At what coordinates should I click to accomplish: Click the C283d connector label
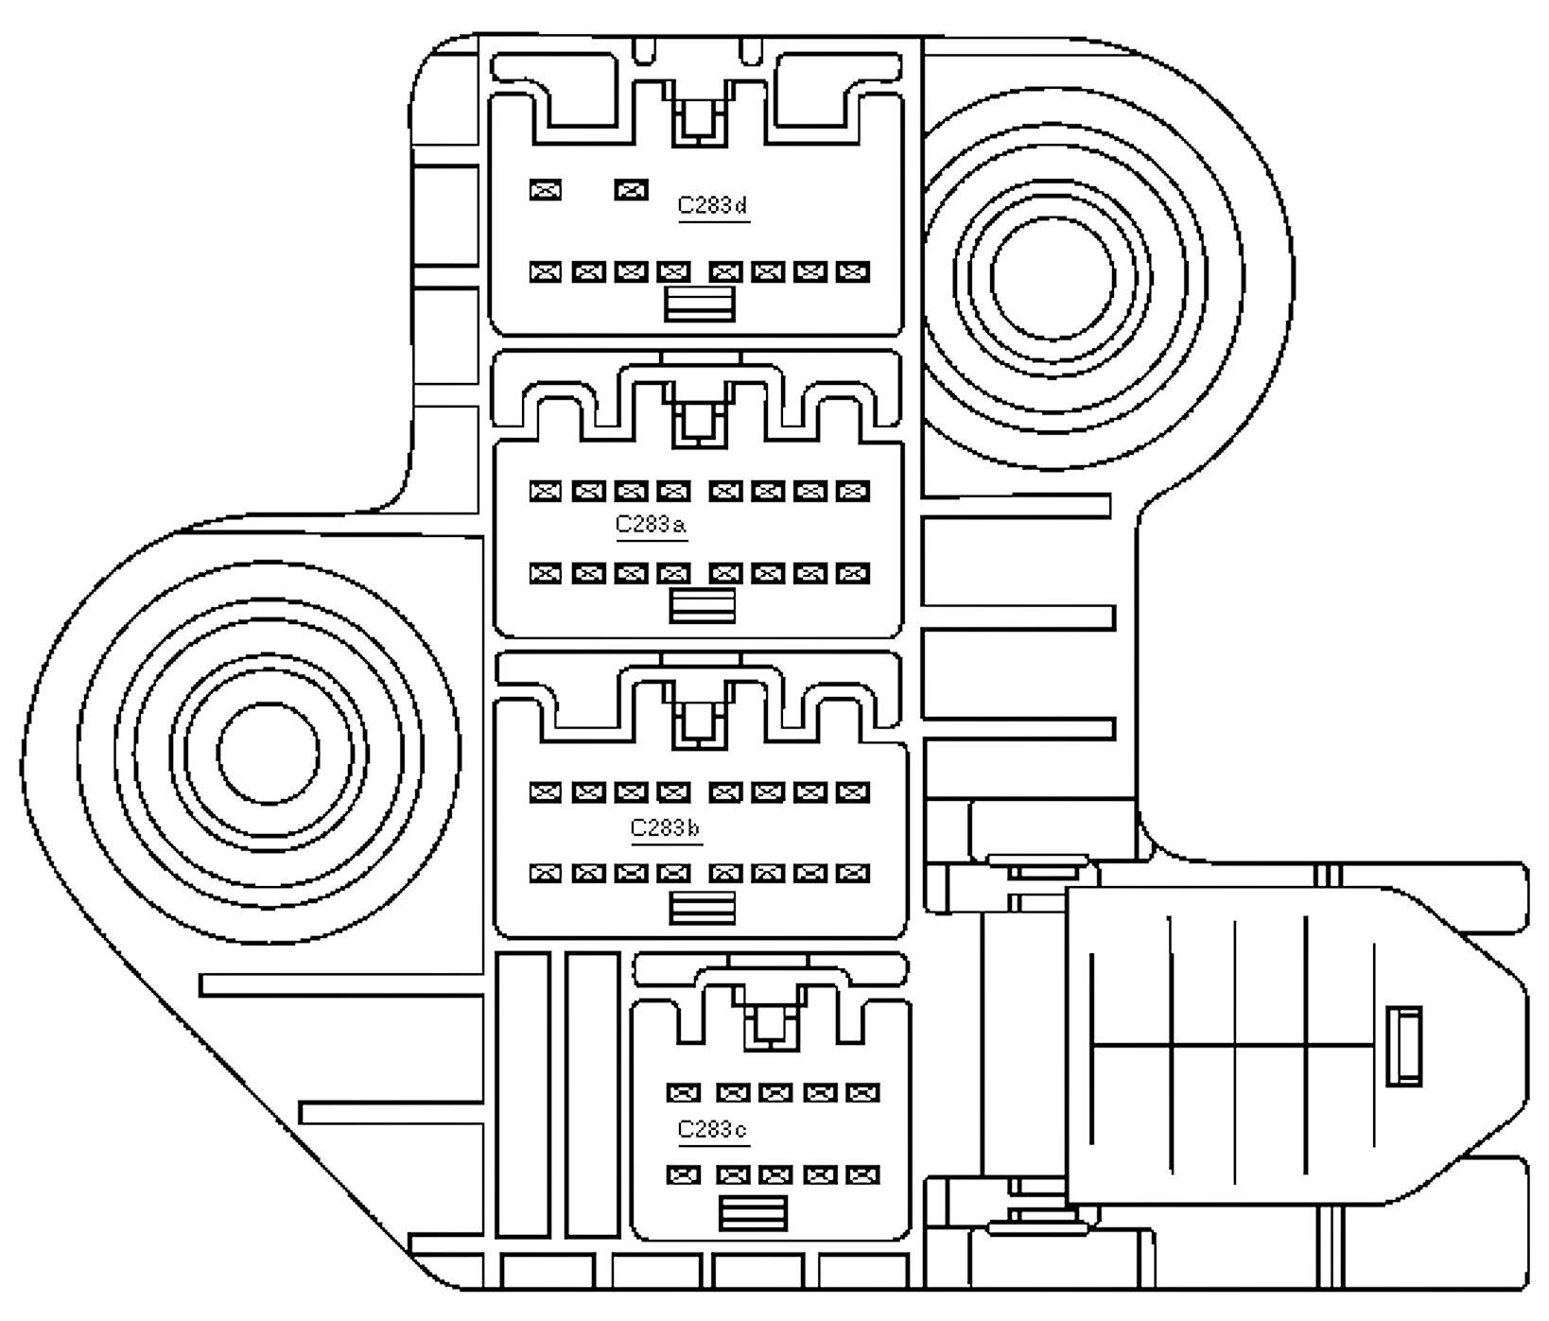pos(713,205)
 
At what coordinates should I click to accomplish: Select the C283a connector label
pos(651,524)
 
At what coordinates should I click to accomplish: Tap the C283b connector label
pos(666,828)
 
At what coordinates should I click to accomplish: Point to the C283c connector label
pos(713,1129)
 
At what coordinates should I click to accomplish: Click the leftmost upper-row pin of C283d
pos(546,190)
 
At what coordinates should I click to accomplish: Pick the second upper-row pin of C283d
pos(631,190)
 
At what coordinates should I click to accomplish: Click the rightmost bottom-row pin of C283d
pos(853,272)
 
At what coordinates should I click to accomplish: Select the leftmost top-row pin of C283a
pos(546,491)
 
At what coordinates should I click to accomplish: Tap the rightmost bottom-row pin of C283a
pos(853,573)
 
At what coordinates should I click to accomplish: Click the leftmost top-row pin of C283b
pos(546,791)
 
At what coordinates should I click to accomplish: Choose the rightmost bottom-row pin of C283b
pos(853,873)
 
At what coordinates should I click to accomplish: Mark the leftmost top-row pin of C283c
pos(683,1093)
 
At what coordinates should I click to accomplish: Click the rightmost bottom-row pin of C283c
pos(862,1175)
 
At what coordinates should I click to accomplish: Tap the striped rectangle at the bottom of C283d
pos(700,304)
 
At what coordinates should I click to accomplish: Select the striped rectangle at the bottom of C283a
pos(702,606)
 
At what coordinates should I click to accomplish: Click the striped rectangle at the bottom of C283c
pos(753,1213)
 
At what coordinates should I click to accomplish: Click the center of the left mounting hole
pos(268,753)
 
